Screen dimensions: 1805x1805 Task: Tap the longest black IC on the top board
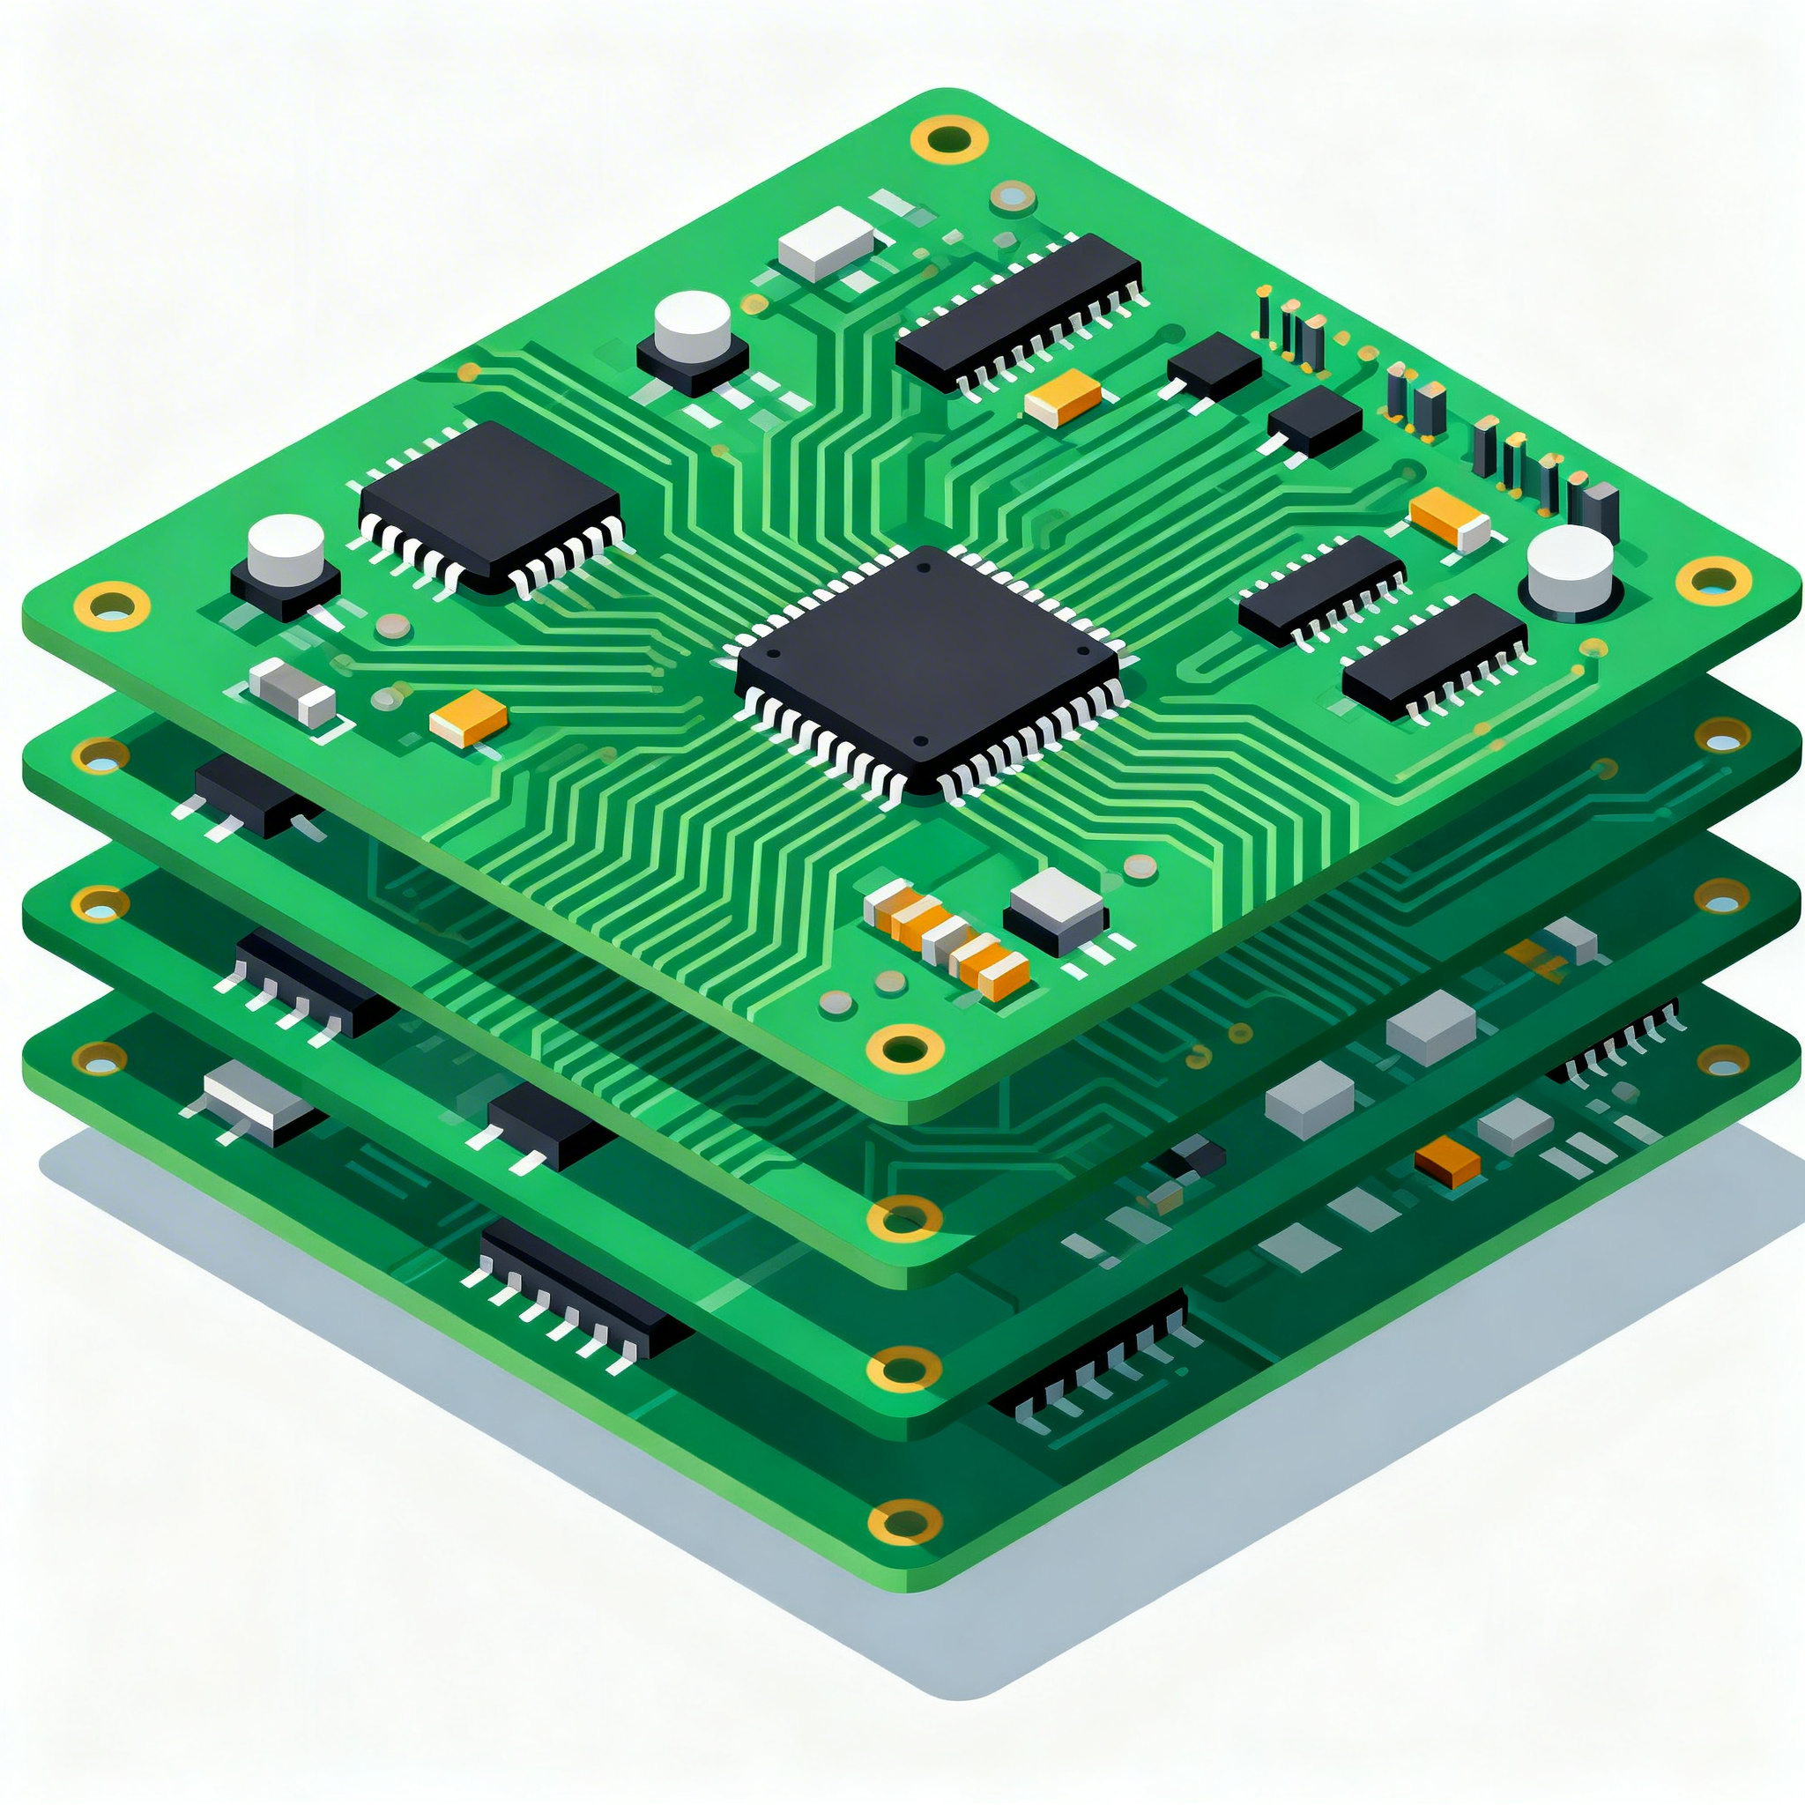tap(1018, 308)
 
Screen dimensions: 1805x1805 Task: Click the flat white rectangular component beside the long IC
tap(825, 242)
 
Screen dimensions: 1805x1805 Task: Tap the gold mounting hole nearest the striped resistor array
tap(903, 1045)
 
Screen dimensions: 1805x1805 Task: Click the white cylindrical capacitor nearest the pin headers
tap(1570, 570)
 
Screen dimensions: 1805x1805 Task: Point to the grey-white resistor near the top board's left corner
tap(293, 692)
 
